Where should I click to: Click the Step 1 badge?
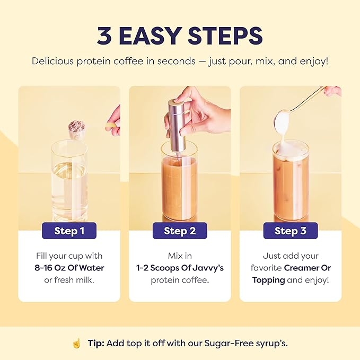(x=69, y=231)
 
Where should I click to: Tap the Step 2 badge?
(x=180, y=231)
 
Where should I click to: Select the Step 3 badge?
(x=290, y=231)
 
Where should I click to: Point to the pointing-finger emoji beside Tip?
(x=76, y=343)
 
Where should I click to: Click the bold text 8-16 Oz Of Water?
(x=69, y=268)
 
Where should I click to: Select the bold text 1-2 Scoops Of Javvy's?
(x=180, y=268)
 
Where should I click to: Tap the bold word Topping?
(x=268, y=279)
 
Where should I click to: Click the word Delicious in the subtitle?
(x=54, y=60)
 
